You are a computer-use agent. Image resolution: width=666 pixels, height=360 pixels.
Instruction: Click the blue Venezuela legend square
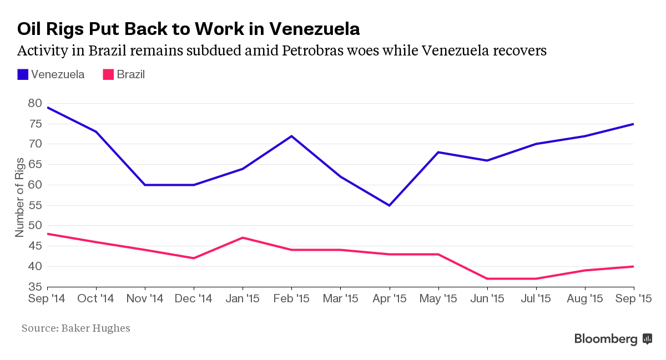click(x=23, y=74)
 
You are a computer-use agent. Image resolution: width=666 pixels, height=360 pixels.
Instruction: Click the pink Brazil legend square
click(x=108, y=74)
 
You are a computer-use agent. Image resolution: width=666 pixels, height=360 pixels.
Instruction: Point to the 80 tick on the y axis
click(x=34, y=103)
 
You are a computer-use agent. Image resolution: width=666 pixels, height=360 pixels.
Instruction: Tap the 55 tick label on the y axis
click(x=34, y=205)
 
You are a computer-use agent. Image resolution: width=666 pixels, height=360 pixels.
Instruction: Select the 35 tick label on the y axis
click(x=34, y=287)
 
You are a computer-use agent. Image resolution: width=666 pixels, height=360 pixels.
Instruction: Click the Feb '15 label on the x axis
click(x=292, y=299)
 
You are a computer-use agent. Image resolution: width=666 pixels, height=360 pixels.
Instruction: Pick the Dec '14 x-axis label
click(x=194, y=299)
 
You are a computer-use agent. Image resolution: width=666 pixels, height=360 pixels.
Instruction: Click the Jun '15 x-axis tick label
click(x=487, y=299)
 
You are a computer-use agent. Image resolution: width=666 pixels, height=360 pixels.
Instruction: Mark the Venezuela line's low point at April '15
click(x=390, y=205)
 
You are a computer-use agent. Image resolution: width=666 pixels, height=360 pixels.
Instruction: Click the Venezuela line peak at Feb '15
click(x=292, y=136)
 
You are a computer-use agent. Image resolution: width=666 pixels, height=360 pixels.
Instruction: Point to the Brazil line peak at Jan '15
click(x=243, y=238)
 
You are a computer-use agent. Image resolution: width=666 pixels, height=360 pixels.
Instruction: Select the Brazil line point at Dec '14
click(x=194, y=258)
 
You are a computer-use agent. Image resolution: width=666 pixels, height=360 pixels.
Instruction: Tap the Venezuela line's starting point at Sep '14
click(x=48, y=108)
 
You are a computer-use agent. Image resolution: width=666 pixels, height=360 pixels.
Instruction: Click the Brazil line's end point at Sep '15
click(x=633, y=266)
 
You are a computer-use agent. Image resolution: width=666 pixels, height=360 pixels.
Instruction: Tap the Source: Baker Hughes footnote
click(x=76, y=328)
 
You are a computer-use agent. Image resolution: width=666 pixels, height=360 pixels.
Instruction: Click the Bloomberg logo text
click(x=606, y=339)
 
